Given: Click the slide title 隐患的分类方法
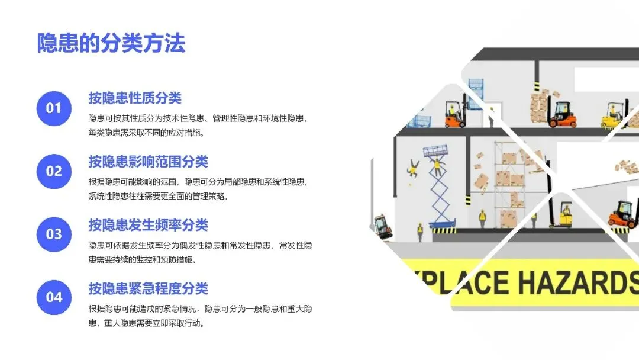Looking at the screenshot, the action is [x=111, y=43].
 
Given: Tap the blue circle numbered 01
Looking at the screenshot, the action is [x=54, y=108].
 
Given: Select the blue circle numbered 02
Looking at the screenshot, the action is [x=54, y=171].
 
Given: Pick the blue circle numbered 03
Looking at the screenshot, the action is [x=54, y=234].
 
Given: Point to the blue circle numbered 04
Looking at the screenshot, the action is [x=54, y=297].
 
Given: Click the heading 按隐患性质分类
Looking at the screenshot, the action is [x=135, y=98].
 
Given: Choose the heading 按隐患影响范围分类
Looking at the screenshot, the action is [x=149, y=162].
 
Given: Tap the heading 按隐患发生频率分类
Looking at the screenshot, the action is [x=149, y=224].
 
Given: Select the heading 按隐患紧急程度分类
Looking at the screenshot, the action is [x=149, y=288].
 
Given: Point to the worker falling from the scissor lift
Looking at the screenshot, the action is [x=413, y=168].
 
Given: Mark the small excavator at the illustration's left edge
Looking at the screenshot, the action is [x=383, y=226].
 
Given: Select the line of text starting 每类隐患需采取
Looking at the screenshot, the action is [x=146, y=133].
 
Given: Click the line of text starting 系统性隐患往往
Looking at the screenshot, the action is [x=158, y=197].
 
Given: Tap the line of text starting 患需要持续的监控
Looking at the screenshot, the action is [x=142, y=260].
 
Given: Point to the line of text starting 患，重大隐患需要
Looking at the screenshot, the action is [x=146, y=323].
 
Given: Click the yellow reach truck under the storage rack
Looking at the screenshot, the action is [x=564, y=214].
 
